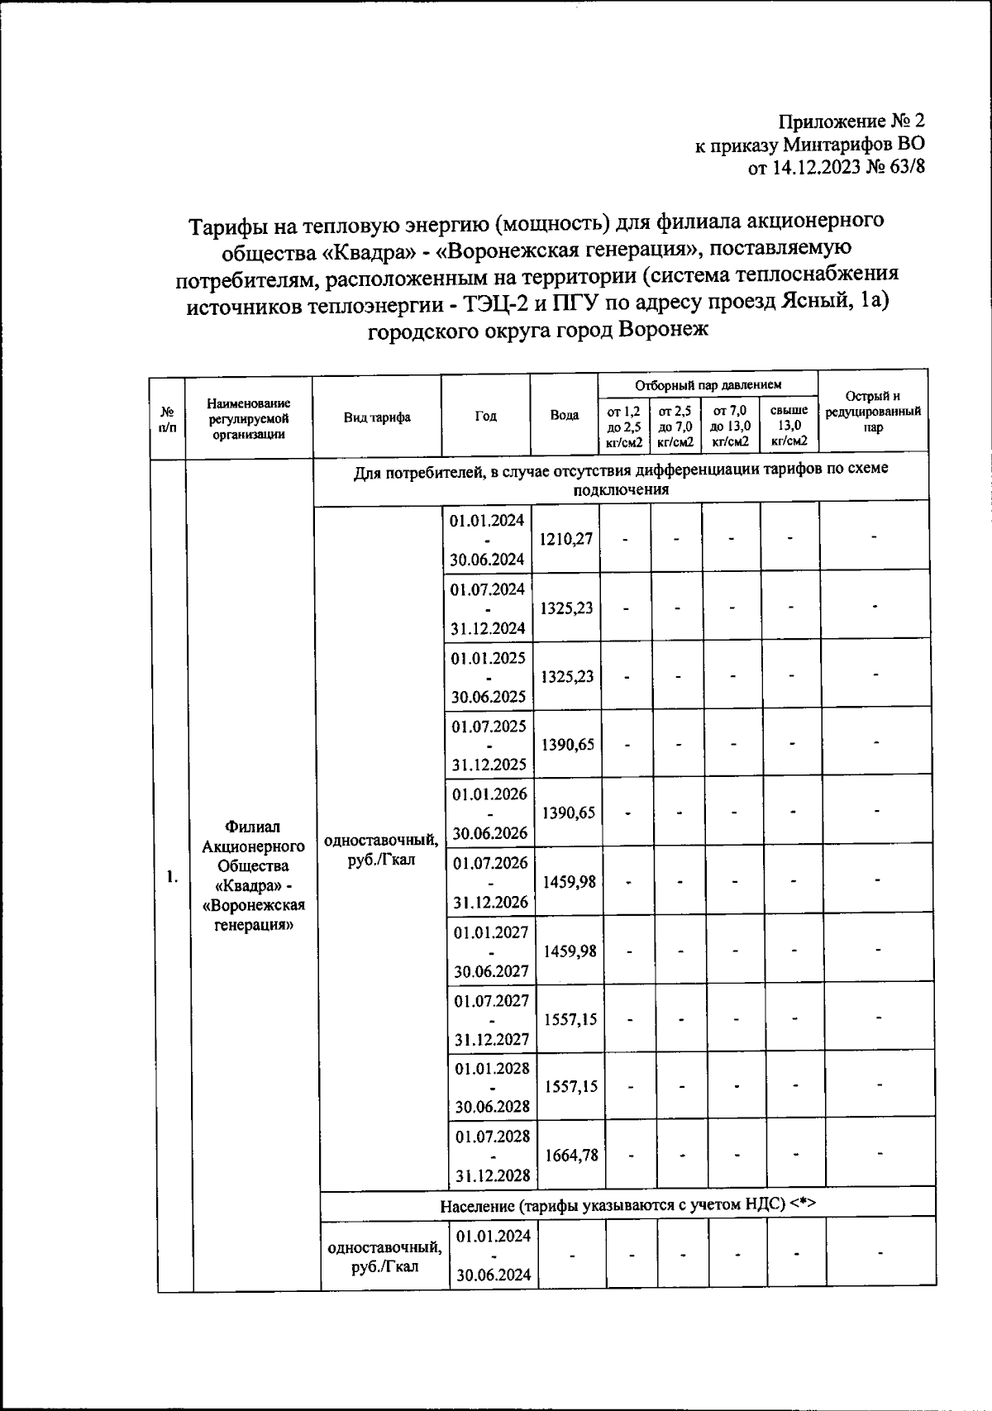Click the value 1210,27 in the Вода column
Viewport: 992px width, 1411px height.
pyautogui.click(x=566, y=539)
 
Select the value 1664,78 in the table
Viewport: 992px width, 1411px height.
pyautogui.click(x=571, y=1155)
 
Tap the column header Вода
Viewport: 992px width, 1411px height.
pyautogui.click(x=565, y=416)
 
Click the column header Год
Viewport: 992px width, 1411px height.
pyautogui.click(x=486, y=416)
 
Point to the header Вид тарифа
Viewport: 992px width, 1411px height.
pyautogui.click(x=377, y=417)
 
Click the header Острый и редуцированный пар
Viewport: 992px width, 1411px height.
pyautogui.click(x=873, y=412)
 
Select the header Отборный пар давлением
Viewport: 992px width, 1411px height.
pyautogui.click(x=708, y=385)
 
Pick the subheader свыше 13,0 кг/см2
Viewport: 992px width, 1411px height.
pyautogui.click(x=789, y=426)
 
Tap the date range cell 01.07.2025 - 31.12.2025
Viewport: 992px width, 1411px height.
pyautogui.click(x=489, y=745)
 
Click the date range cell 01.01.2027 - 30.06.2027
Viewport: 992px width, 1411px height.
pyautogui.click(x=491, y=951)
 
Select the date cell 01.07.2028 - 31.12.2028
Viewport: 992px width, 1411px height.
pyautogui.click(x=492, y=1155)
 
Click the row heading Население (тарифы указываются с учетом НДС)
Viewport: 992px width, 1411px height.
pyautogui.click(x=627, y=1204)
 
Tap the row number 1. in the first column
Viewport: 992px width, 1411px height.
pyautogui.click(x=172, y=876)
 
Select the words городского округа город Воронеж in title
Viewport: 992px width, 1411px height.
pyautogui.click(x=537, y=331)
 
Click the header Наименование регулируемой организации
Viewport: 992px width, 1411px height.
pyautogui.click(x=249, y=418)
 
